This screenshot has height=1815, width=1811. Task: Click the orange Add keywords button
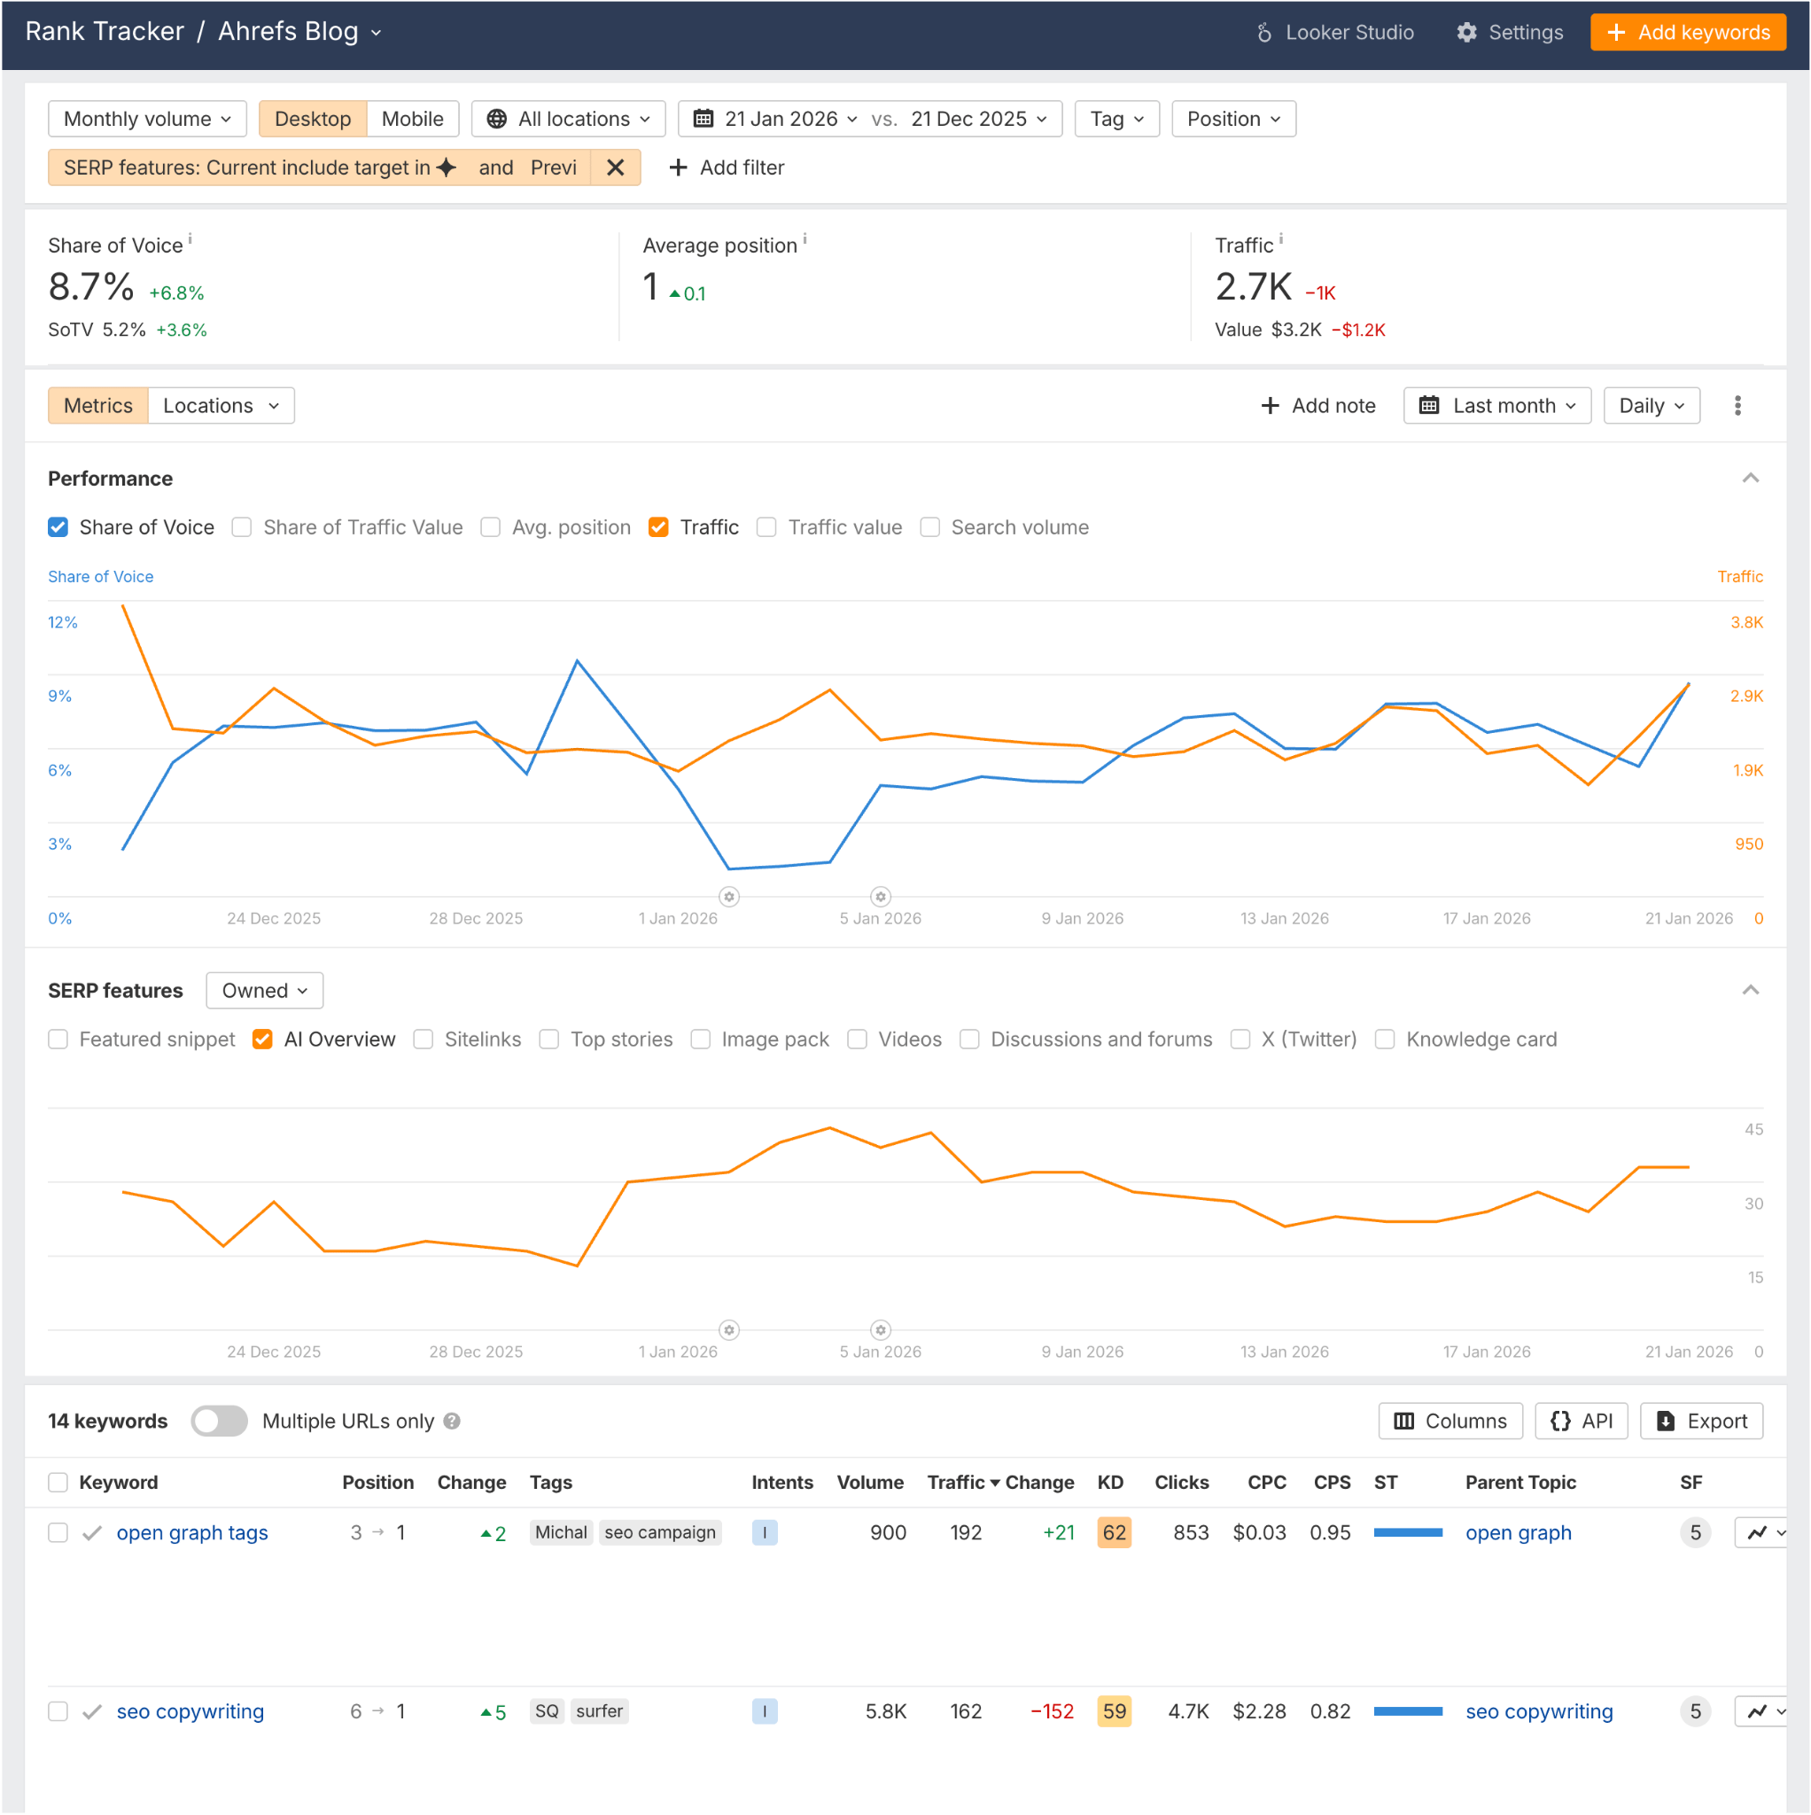1687,33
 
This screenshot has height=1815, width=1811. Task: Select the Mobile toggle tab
411,120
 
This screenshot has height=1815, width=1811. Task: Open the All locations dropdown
568,120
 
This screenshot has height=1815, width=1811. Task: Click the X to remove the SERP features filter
615,168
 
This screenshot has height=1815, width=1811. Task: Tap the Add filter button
727,168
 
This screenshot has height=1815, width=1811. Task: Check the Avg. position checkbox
490,528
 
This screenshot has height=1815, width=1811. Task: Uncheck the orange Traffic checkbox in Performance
658,528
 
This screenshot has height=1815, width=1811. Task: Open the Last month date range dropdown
1496,406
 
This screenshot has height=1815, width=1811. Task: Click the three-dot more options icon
1737,406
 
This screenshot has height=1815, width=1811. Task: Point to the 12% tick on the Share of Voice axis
63,623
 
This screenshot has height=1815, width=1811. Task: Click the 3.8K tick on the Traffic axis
1746,623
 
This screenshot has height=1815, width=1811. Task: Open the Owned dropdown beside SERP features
264,991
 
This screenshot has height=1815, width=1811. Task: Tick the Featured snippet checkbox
58,1040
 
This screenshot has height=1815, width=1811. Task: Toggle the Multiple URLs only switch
219,1422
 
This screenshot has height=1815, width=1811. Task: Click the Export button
1701,1422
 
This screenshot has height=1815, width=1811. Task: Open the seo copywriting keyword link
190,1711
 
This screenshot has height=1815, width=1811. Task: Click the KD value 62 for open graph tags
1114,1533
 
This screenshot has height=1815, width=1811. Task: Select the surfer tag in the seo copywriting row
599,1711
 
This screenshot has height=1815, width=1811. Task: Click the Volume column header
870,1483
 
